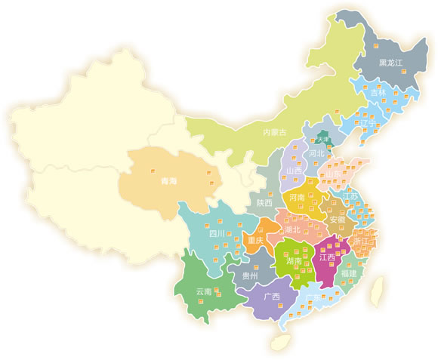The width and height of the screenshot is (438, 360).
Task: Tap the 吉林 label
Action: click(378, 92)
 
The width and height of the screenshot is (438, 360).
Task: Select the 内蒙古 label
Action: click(274, 132)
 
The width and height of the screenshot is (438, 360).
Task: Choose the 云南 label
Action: click(204, 291)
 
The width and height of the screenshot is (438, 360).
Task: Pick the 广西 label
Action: click(272, 296)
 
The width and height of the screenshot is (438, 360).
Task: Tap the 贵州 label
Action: click(250, 275)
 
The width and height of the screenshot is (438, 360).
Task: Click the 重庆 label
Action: click(255, 240)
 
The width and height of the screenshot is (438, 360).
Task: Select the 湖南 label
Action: click(295, 260)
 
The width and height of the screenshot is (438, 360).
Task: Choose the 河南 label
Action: click(298, 197)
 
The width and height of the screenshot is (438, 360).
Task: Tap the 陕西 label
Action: click(264, 202)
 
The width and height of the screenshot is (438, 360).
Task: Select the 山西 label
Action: click(295, 171)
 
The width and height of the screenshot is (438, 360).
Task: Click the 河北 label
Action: click(316, 153)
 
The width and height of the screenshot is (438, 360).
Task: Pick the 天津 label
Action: click(324, 140)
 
